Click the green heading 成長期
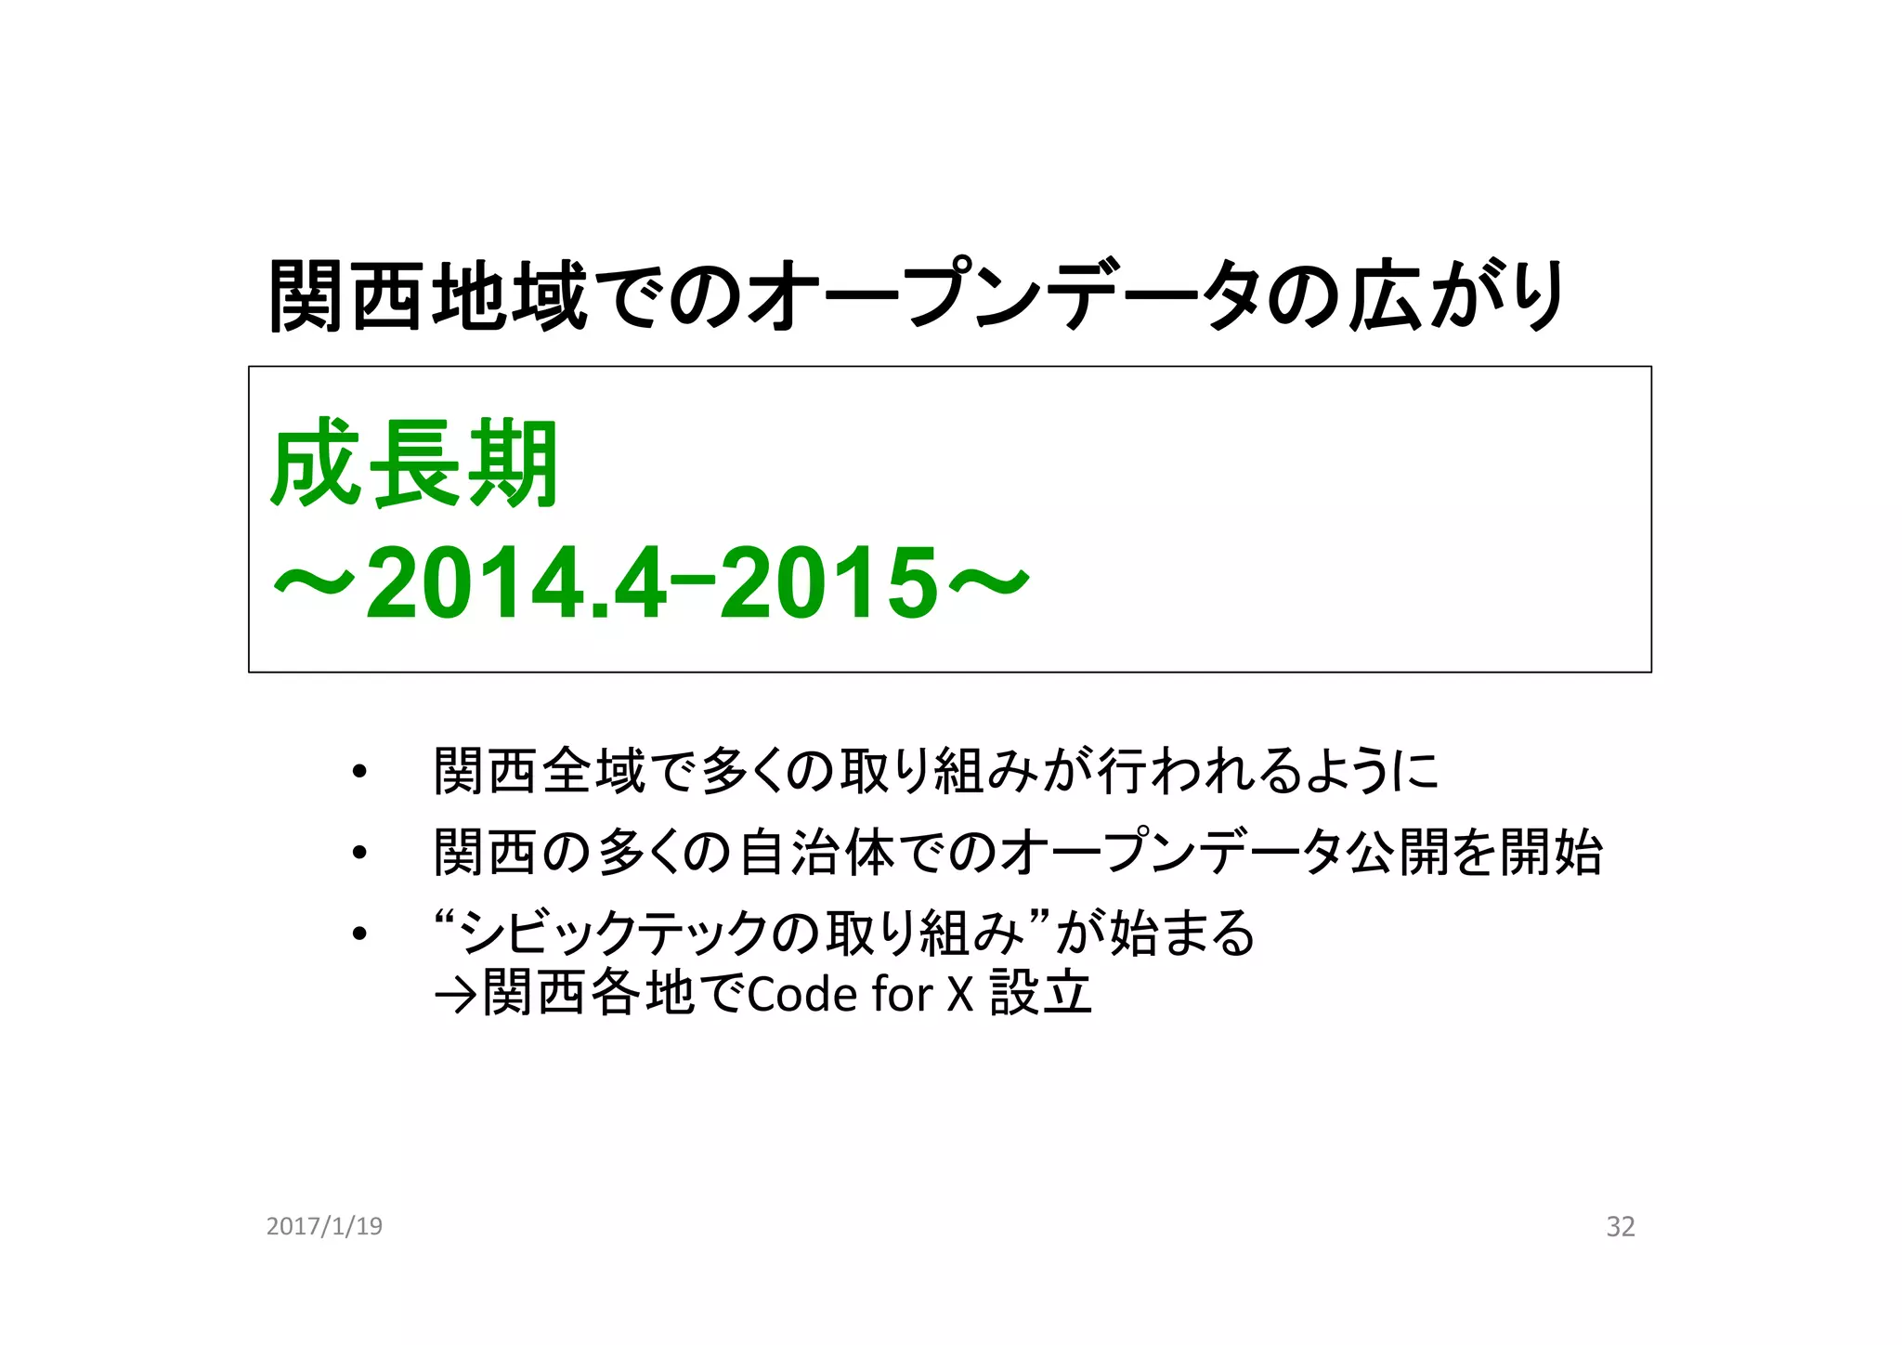[x=414, y=464]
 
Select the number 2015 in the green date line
[x=829, y=583]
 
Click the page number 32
[x=1620, y=1227]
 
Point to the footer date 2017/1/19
[x=324, y=1226]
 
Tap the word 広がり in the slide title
[x=1455, y=295]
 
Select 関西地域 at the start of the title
[x=428, y=295]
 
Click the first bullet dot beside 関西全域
[x=359, y=771]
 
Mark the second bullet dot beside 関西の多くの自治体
[x=359, y=852]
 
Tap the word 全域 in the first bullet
[x=594, y=771]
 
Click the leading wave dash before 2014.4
[x=314, y=583]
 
